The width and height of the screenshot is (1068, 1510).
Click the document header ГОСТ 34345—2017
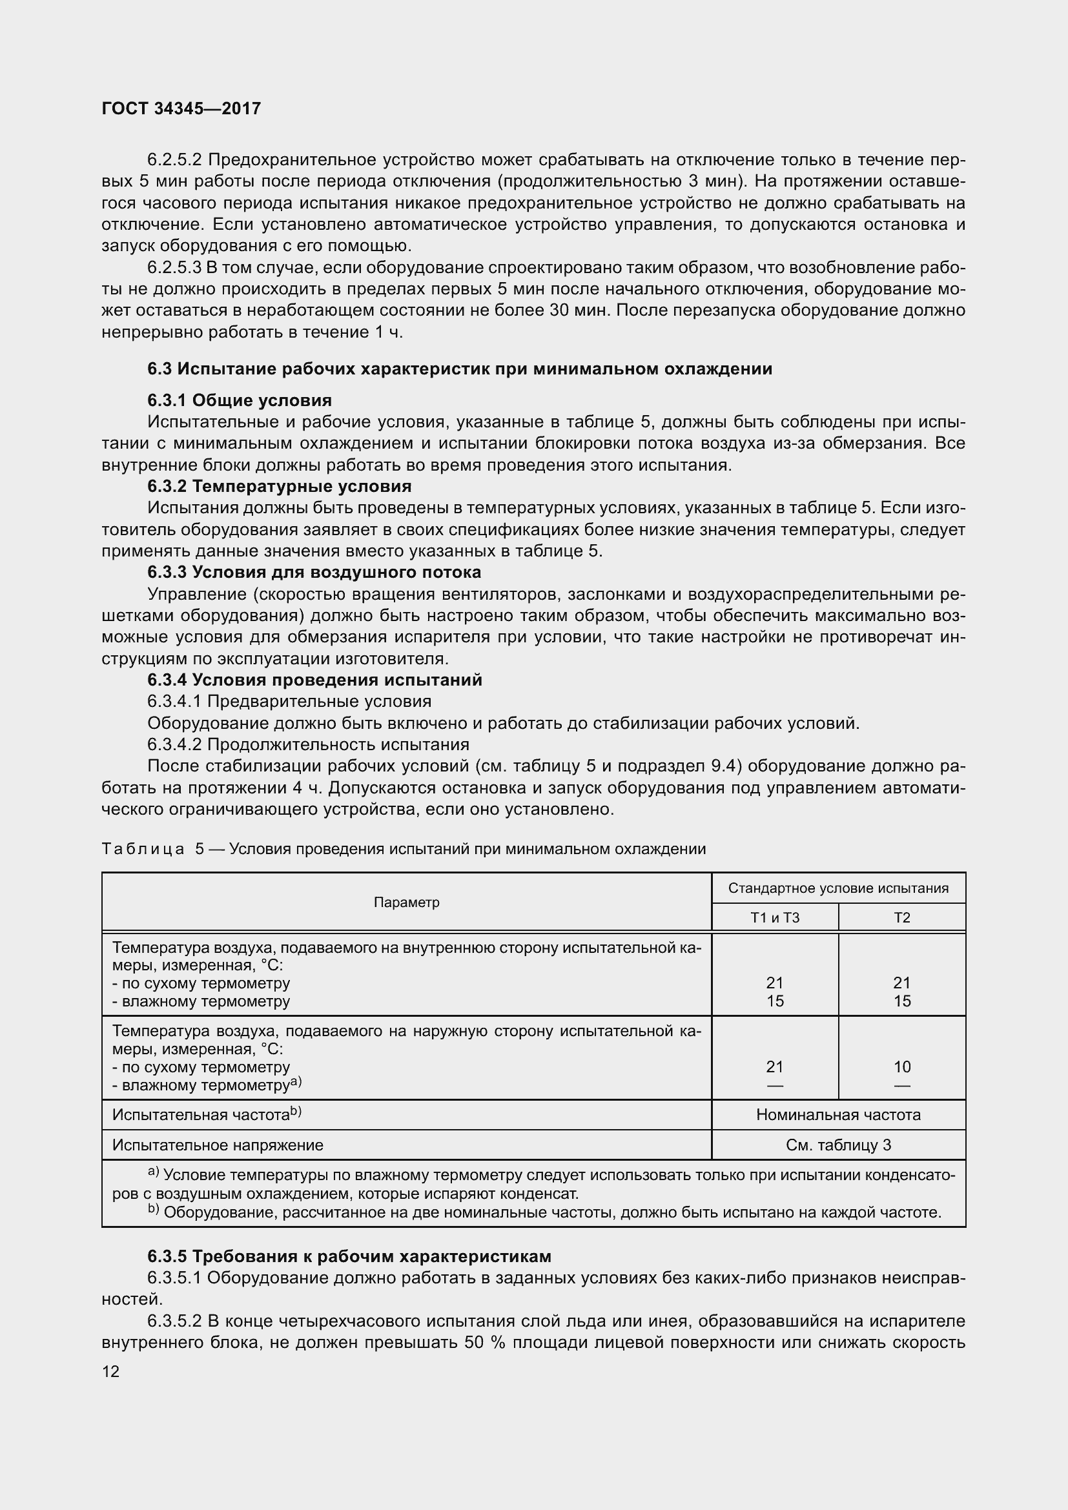click(x=181, y=108)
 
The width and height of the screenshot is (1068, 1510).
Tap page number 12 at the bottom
click(x=110, y=1371)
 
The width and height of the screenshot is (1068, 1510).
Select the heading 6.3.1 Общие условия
click(x=240, y=400)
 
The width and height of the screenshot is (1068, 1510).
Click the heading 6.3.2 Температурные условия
click(x=280, y=487)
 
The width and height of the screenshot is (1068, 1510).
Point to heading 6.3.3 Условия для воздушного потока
click(x=314, y=572)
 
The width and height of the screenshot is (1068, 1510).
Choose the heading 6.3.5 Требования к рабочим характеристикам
click(x=349, y=1256)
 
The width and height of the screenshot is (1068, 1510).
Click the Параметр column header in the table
click(x=406, y=903)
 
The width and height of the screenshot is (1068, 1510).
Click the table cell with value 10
click(x=901, y=1066)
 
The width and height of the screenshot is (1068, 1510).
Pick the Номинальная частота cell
click(x=838, y=1115)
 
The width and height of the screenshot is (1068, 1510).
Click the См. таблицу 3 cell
click(x=838, y=1145)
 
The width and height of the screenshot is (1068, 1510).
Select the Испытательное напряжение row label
click(x=218, y=1145)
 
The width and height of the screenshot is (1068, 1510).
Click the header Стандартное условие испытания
click(x=838, y=888)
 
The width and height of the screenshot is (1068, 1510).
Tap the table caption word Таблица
click(x=143, y=849)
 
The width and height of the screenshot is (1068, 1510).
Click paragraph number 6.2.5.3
click(x=174, y=268)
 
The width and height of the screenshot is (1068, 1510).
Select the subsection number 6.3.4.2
click(x=174, y=744)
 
